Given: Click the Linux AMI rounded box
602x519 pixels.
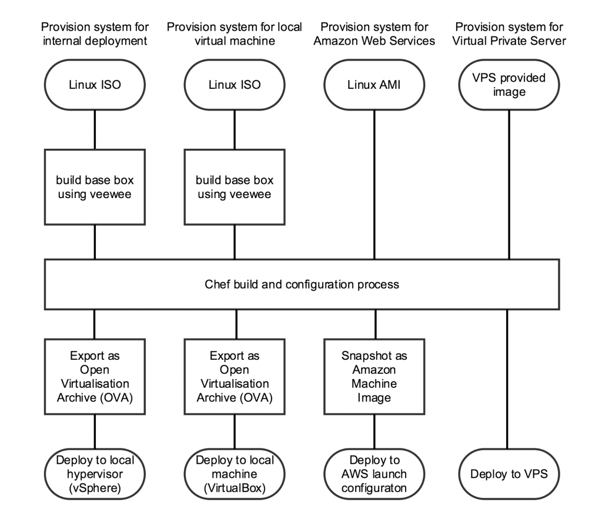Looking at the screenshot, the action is click(374, 85).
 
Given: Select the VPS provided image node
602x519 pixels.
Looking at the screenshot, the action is click(509, 85).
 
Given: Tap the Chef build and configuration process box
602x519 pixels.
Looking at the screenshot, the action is click(302, 284).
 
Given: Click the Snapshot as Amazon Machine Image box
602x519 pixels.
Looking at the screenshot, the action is click(374, 377).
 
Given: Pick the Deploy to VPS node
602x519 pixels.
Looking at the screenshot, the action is click(509, 474).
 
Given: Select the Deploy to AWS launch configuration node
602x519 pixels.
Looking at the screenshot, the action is click(374, 474).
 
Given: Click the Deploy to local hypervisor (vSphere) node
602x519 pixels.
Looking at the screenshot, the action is click(95, 474).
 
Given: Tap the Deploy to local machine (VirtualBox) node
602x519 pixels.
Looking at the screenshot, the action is click(235, 474).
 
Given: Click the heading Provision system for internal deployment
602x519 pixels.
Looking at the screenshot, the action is click(95, 34).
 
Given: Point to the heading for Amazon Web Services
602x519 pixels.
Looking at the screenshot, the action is click(374, 34).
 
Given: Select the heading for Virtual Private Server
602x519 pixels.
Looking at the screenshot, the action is click(509, 34).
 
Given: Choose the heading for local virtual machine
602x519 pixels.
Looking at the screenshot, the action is click(235, 34).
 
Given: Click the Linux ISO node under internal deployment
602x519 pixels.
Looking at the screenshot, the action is click(95, 85).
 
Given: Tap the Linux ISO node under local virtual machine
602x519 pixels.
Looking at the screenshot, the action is click(235, 85).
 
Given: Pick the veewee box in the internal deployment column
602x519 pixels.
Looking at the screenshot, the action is click(95, 187).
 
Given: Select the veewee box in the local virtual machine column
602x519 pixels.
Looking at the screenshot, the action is click(235, 187).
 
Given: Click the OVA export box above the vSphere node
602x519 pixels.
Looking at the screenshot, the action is click(95, 377).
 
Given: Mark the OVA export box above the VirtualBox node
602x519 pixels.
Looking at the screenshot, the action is click(235, 377).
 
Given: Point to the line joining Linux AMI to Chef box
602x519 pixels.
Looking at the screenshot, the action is click(374, 185).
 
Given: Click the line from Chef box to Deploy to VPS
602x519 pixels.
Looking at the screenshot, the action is click(507, 379).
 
